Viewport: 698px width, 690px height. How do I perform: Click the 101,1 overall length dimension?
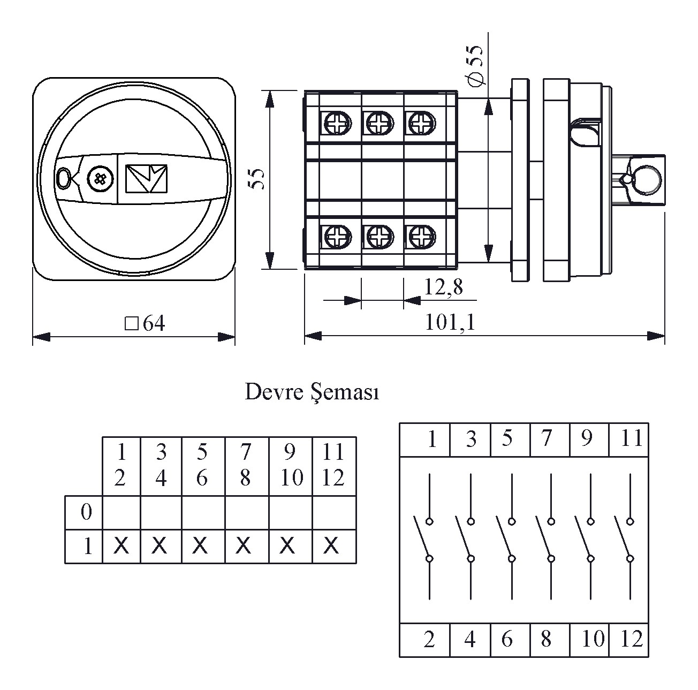[450, 322]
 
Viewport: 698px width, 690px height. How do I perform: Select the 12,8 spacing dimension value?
[443, 287]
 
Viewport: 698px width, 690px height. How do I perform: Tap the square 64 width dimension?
[145, 323]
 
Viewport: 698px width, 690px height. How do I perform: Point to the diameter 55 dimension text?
[475, 65]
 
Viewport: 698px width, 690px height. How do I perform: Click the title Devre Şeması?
[312, 392]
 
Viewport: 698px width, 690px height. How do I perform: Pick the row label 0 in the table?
[86, 512]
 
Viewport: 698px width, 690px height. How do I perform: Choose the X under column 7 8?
[244, 546]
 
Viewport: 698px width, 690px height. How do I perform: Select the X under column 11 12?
[332, 546]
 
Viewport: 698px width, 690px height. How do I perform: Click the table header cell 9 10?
[290, 466]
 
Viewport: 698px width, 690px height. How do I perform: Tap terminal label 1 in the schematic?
[431, 439]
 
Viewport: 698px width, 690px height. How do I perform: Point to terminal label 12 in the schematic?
[631, 639]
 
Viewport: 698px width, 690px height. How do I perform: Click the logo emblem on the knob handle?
[146, 179]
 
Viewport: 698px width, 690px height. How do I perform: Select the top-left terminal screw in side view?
[337, 124]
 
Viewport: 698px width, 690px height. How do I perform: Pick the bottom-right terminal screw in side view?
[421, 236]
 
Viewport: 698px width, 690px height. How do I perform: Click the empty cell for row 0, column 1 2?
[122, 512]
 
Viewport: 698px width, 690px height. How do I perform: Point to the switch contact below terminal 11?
[626, 538]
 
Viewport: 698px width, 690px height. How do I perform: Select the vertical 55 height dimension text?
[257, 179]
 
